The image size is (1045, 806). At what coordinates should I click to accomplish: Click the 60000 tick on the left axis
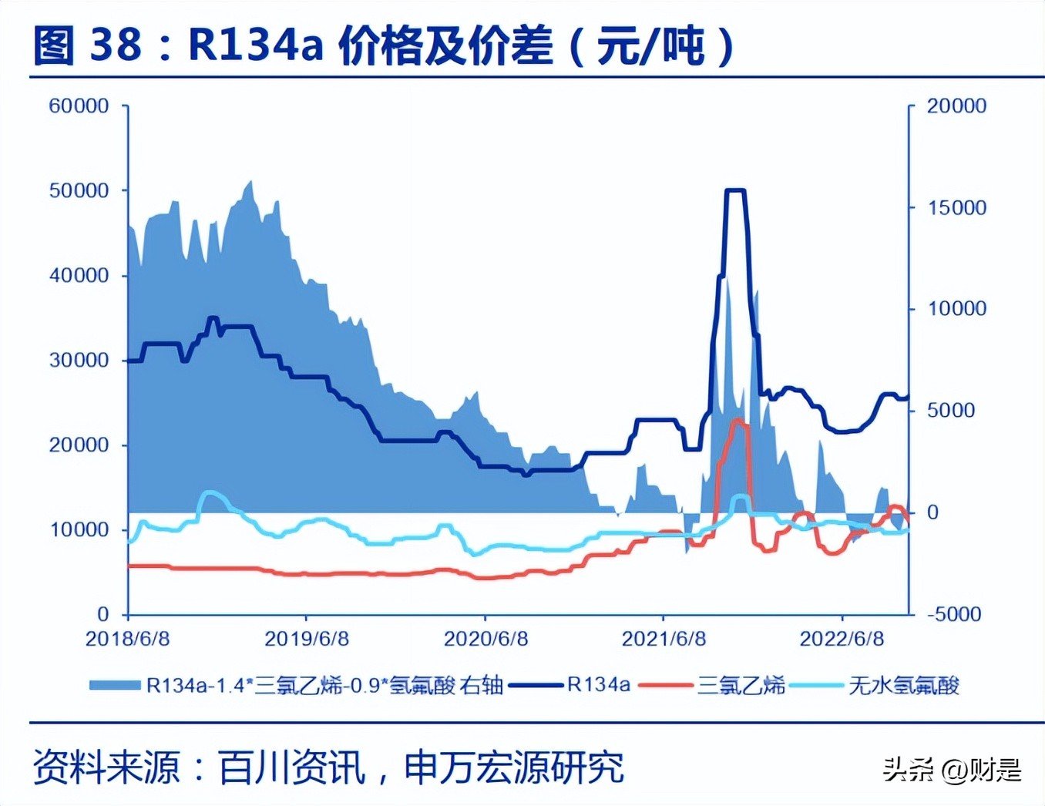[79, 106]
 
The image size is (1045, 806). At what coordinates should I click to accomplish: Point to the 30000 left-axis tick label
[79, 361]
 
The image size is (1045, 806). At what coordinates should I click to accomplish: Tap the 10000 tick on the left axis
[79, 530]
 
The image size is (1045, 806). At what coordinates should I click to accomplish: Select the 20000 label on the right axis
[956, 106]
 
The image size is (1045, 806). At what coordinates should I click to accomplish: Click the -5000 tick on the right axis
[954, 615]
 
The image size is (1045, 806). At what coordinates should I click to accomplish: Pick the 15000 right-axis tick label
[956, 208]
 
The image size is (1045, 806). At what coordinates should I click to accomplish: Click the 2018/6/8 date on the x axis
[127, 639]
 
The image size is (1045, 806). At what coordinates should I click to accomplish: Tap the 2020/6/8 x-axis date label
[486, 639]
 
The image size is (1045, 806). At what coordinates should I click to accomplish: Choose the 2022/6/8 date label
[842, 639]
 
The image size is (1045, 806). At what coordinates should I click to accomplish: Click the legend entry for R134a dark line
[598, 684]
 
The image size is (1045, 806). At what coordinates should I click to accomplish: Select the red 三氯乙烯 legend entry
[741, 684]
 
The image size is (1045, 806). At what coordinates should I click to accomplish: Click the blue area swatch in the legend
[115, 685]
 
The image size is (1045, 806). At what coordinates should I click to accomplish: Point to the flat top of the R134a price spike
[735, 190]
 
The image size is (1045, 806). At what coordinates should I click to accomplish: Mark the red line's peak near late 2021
[738, 421]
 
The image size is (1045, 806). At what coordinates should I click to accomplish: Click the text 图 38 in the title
[87, 45]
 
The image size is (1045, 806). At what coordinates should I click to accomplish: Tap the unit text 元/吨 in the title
[651, 45]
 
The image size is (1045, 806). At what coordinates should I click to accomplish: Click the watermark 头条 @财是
[952, 769]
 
